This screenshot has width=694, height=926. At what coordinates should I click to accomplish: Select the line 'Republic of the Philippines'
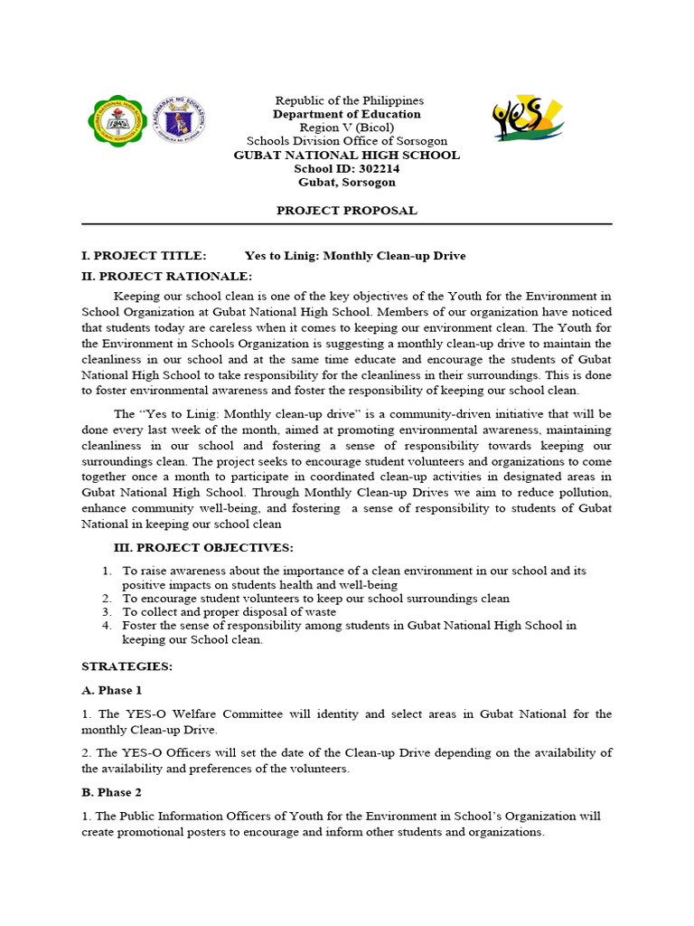click(349, 100)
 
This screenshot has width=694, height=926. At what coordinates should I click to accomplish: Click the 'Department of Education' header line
click(347, 114)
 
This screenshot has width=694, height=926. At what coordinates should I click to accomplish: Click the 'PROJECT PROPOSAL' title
click(347, 211)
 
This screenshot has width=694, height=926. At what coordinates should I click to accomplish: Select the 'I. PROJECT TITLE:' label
click(145, 256)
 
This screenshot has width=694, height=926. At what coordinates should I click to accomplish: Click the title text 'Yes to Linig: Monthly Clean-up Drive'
click(355, 256)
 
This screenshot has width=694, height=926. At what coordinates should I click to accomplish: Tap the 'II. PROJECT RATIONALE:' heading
click(167, 276)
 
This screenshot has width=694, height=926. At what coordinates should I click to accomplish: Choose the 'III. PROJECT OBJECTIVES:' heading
click(202, 548)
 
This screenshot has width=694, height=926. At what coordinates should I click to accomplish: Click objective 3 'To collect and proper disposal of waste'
click(229, 611)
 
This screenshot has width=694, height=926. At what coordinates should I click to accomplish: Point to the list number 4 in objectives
click(106, 625)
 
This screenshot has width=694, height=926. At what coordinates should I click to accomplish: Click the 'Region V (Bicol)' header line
click(347, 128)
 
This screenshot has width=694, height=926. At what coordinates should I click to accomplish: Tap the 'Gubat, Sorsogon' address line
click(347, 182)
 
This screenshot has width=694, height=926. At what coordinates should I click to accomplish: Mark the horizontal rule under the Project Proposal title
click(347, 224)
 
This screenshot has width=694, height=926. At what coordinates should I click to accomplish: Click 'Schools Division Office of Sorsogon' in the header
click(347, 141)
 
